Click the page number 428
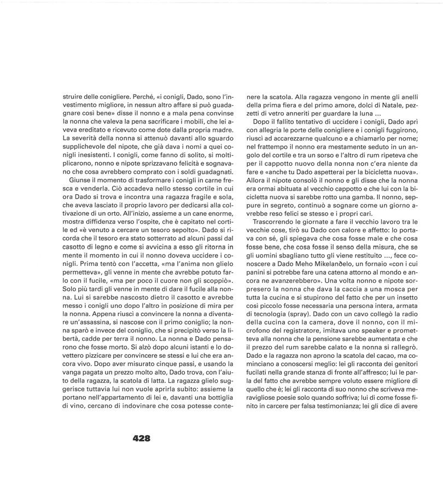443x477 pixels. pyautogui.click(x=141, y=438)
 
